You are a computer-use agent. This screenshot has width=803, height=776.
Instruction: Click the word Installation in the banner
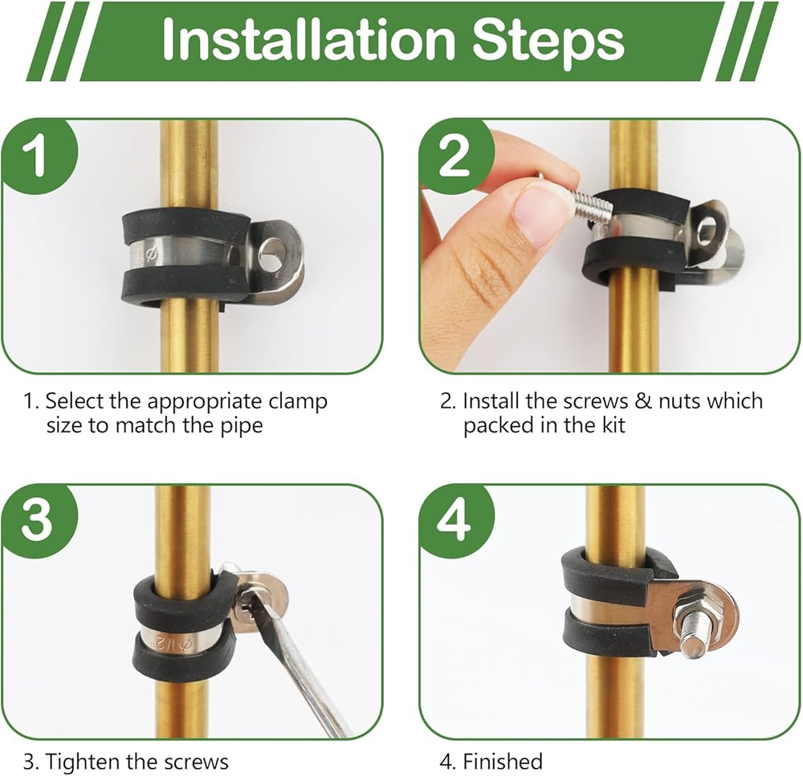[x=308, y=40]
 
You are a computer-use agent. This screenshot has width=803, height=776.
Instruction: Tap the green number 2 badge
[x=456, y=156]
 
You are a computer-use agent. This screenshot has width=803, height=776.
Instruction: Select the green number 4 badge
[x=456, y=521]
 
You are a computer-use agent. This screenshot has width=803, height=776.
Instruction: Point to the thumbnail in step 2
[x=535, y=214]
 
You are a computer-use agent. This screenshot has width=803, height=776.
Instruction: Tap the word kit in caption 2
[x=613, y=425]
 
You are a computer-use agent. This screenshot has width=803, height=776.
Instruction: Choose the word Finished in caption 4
[x=503, y=762]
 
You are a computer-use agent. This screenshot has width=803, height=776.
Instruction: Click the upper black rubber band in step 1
[x=185, y=225]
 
